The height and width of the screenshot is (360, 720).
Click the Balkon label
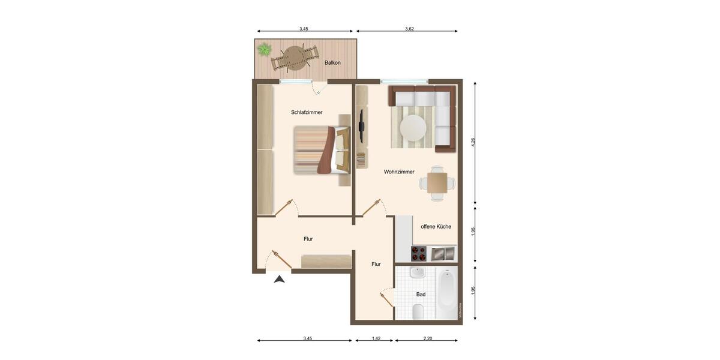click(x=332, y=62)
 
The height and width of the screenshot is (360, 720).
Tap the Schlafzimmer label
click(x=307, y=112)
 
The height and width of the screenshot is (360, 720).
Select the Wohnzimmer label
click(x=399, y=172)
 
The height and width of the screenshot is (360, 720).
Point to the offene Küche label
click(x=436, y=226)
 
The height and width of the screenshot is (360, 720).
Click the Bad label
click(x=421, y=294)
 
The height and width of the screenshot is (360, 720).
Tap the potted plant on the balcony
click(x=263, y=49)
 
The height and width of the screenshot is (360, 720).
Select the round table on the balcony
click(x=294, y=58)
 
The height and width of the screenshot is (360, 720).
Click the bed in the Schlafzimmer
click(x=321, y=150)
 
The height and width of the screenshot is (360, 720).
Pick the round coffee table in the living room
click(x=413, y=127)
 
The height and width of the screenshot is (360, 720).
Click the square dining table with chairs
click(x=437, y=182)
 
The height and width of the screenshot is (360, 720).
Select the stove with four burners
click(x=418, y=254)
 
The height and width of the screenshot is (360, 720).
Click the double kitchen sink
click(x=443, y=254)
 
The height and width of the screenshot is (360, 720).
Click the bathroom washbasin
click(x=418, y=274)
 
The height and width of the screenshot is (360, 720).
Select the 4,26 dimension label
click(x=473, y=142)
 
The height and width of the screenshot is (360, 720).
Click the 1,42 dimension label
click(x=376, y=338)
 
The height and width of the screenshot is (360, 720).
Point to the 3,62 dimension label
click(x=409, y=29)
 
